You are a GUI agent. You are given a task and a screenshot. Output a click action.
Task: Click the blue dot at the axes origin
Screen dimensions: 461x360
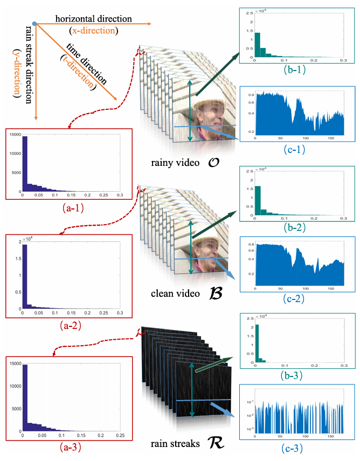tap(34, 24)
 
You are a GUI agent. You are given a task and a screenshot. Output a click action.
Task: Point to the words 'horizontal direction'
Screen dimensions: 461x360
tap(93, 19)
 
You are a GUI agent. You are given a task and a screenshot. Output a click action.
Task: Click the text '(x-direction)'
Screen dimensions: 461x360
tap(93, 30)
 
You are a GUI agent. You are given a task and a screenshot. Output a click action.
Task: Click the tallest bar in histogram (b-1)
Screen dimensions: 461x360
tap(257, 44)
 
